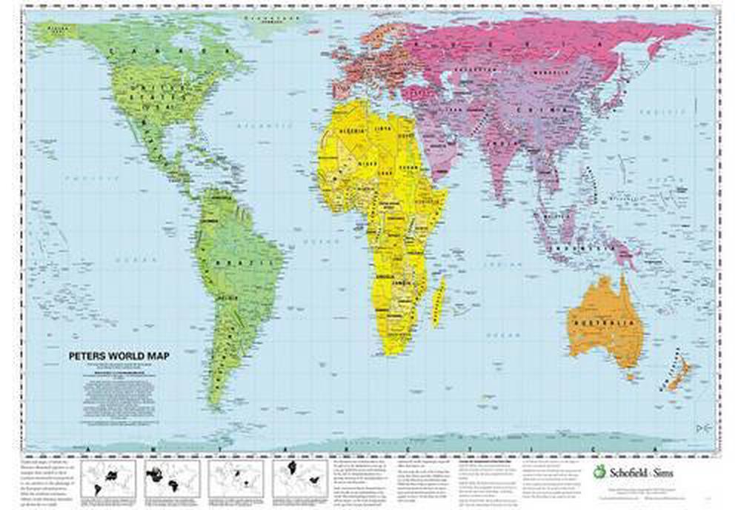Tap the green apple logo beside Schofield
click(599, 471)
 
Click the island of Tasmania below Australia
click(628, 377)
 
